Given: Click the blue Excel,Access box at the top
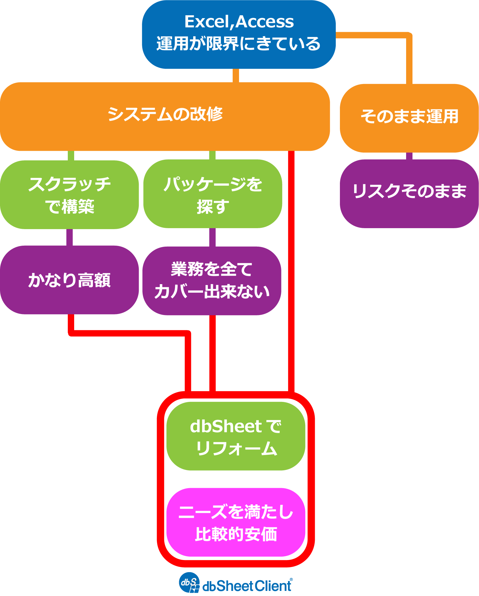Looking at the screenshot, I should [x=239, y=34].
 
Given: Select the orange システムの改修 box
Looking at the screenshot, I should [x=165, y=116].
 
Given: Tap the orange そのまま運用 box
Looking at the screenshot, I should [x=409, y=118].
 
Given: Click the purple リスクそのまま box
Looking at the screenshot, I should [x=409, y=193].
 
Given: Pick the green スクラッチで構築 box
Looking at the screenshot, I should [x=69, y=195].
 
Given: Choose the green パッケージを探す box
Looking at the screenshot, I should [x=213, y=194].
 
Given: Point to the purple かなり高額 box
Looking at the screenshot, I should [x=69, y=280].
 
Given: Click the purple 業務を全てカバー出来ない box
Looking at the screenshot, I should [x=212, y=281].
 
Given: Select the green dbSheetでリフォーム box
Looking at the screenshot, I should [x=236, y=436].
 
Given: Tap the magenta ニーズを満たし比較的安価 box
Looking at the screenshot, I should [x=236, y=522].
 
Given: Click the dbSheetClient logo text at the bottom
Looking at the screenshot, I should [x=247, y=586].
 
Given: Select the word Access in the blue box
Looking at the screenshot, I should [x=265, y=22].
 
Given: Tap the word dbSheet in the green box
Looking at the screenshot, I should [x=226, y=426].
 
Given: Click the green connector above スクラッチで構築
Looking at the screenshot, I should [x=71, y=156].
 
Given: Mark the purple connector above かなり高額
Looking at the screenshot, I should [x=69, y=237].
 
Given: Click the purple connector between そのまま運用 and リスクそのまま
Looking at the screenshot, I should [x=409, y=156].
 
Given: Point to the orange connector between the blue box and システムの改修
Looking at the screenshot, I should [x=236, y=76].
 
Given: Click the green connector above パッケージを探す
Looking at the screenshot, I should [x=212, y=155].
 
